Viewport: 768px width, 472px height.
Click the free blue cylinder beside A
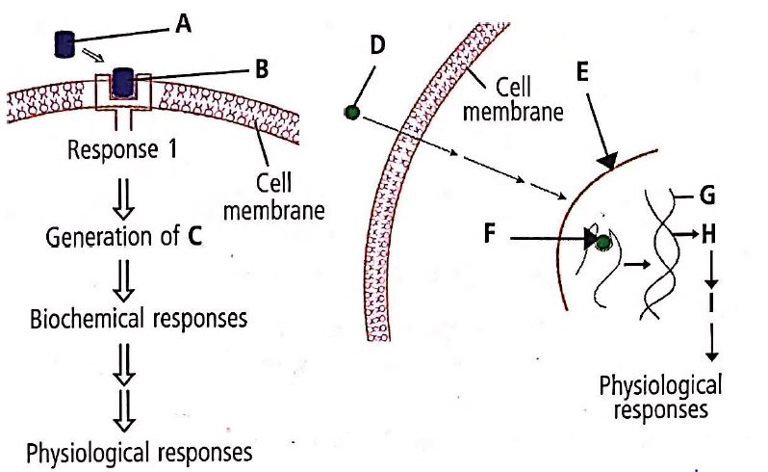coord(65,43)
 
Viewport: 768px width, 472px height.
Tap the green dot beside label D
coord(351,114)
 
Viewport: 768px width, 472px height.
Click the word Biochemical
coord(83,317)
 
